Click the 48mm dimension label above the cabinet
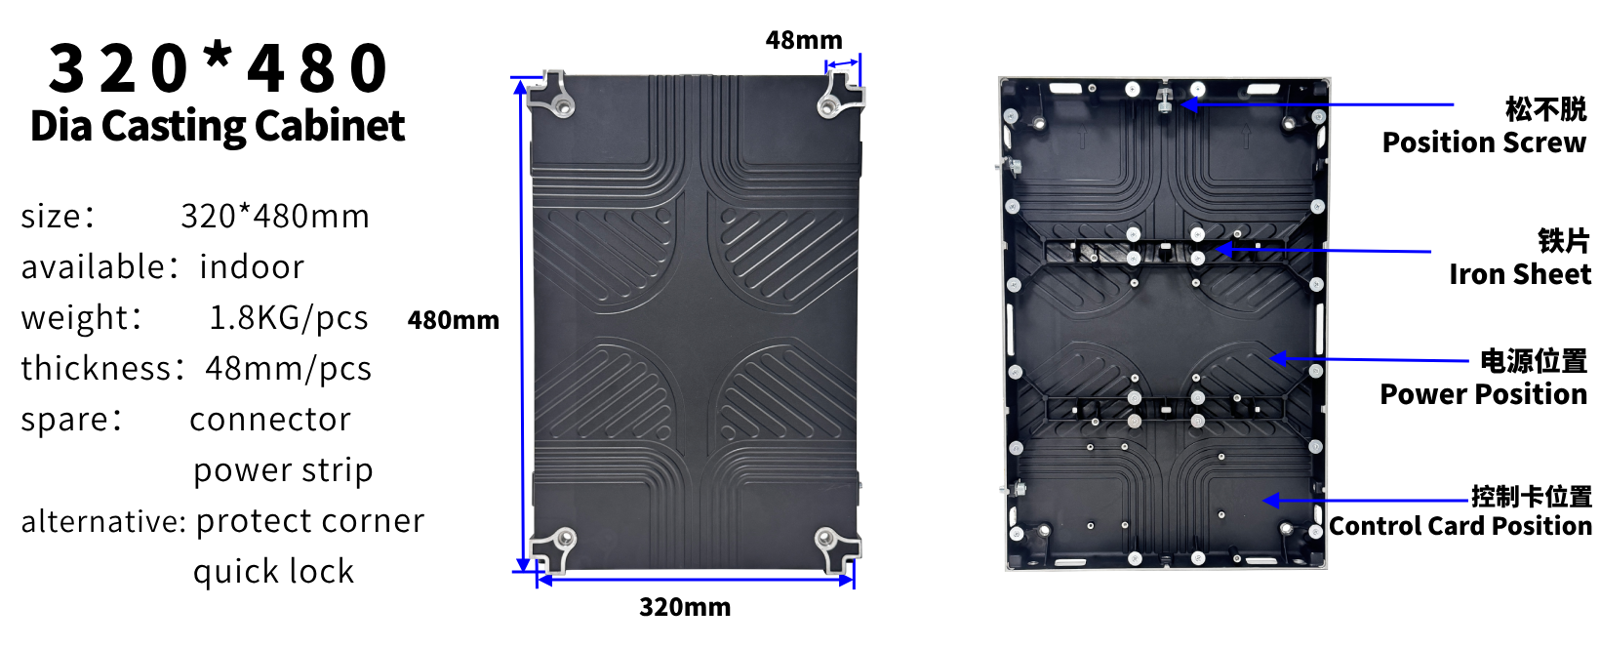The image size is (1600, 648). (x=803, y=40)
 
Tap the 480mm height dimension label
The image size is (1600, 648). (x=453, y=320)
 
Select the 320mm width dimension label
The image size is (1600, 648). (x=684, y=607)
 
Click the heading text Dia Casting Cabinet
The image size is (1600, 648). (x=218, y=126)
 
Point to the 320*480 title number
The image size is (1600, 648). (x=219, y=68)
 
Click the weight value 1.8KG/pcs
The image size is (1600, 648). (x=289, y=318)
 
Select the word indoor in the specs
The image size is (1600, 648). (x=252, y=267)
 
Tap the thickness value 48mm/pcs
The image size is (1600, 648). (x=289, y=369)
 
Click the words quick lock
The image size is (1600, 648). (x=273, y=572)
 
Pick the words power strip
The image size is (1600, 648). (x=283, y=470)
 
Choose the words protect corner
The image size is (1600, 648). (x=310, y=521)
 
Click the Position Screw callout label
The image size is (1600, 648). (x=1484, y=142)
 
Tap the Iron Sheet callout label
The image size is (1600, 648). (x=1519, y=274)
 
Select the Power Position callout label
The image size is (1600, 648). (x=1483, y=394)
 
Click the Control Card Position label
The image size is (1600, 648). (x=1460, y=526)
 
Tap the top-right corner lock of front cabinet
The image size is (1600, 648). (x=836, y=98)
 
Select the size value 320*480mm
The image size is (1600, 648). (x=275, y=217)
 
